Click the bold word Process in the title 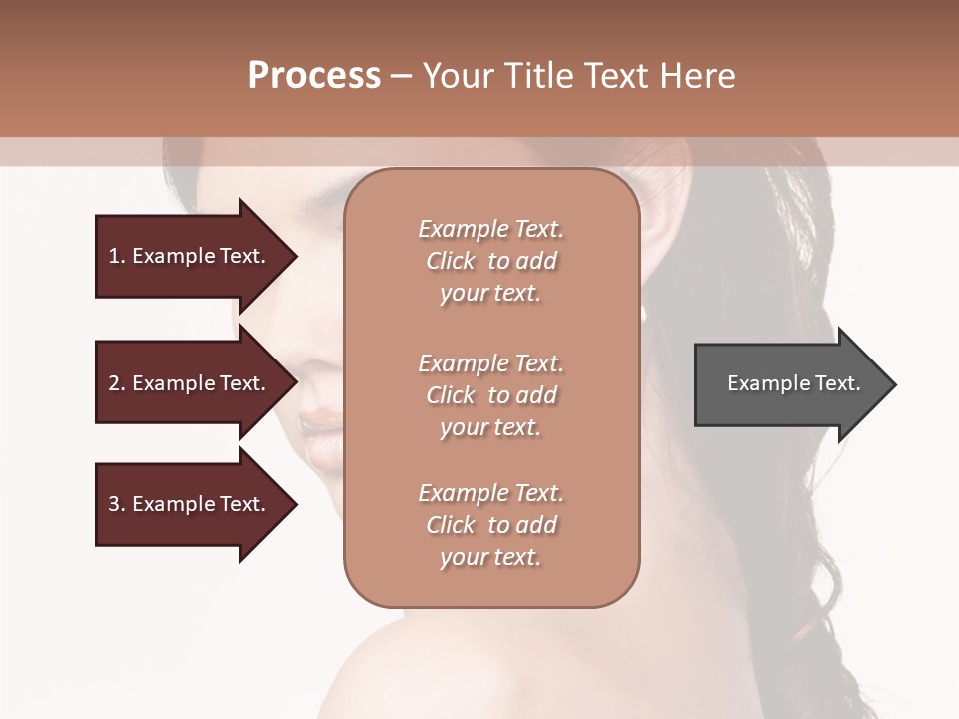(x=314, y=76)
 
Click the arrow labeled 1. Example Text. (x=190, y=256)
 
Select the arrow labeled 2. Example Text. (x=190, y=383)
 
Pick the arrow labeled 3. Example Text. (x=190, y=504)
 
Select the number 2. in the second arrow (x=116, y=383)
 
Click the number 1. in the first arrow (x=116, y=256)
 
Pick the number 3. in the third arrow (x=116, y=504)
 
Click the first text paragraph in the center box (x=490, y=261)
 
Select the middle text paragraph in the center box (x=490, y=395)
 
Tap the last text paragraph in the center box (x=490, y=525)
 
